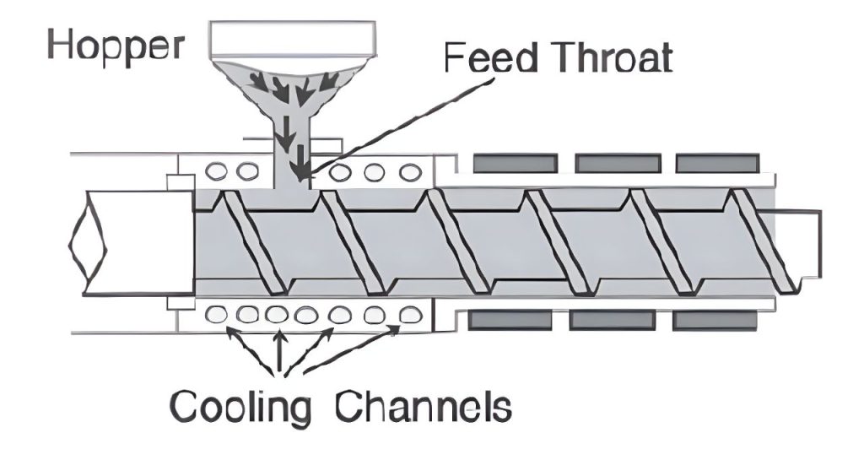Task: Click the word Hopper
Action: (x=116, y=46)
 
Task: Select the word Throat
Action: (x=612, y=60)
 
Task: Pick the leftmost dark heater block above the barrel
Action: (x=515, y=162)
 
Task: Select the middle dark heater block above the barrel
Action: (x=618, y=162)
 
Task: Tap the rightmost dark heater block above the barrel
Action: (x=719, y=162)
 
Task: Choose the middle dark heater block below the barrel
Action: (x=613, y=320)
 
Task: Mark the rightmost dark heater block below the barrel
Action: (x=714, y=320)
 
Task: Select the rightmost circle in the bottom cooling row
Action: (x=411, y=314)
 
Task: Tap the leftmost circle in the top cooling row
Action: (x=217, y=172)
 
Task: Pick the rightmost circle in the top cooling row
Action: (x=411, y=172)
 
